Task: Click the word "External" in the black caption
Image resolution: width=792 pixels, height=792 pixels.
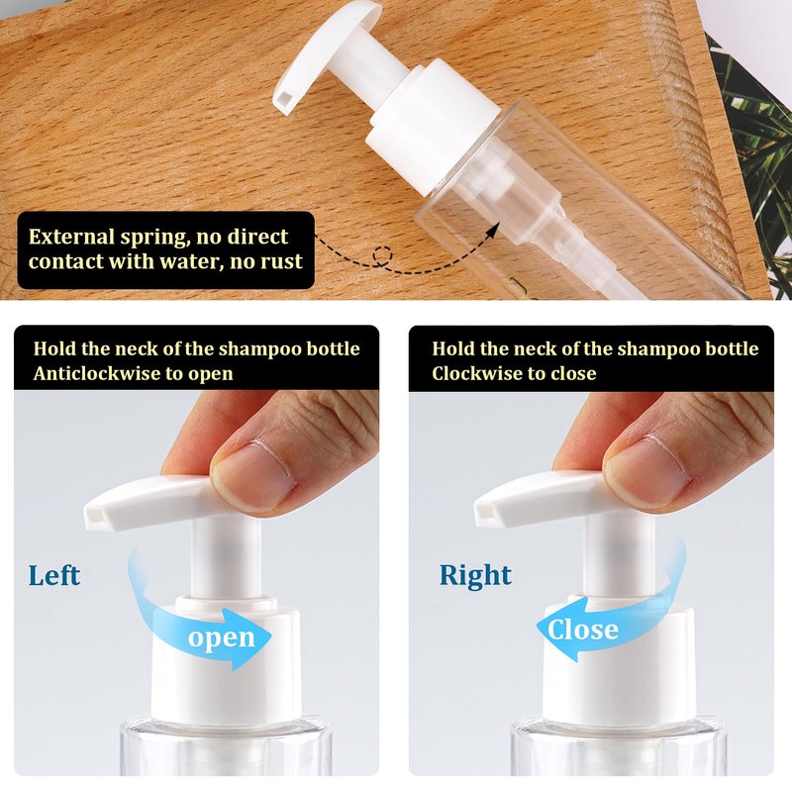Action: [x=71, y=237]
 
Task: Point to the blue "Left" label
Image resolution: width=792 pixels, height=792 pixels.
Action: [x=54, y=575]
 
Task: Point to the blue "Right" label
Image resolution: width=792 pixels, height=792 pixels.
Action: [x=475, y=576]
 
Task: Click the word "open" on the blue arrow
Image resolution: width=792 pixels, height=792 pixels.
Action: [x=221, y=639]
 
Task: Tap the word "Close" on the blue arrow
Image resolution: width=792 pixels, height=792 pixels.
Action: [x=583, y=630]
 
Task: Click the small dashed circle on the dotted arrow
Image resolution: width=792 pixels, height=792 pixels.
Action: [x=382, y=255]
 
